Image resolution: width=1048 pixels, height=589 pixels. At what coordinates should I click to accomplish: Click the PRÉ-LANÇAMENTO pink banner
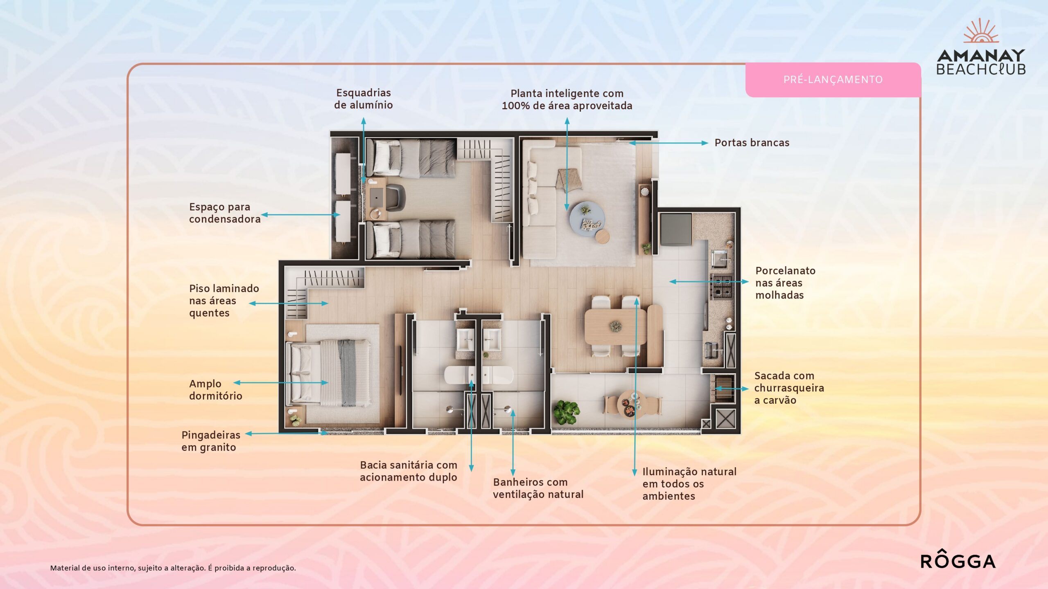pyautogui.click(x=833, y=80)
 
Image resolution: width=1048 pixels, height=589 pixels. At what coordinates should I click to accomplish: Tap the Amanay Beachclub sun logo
pyautogui.click(x=981, y=31)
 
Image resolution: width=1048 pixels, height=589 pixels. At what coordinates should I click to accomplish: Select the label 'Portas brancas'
pyautogui.click(x=752, y=143)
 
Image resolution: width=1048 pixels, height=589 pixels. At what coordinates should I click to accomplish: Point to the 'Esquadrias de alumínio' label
pyautogui.click(x=364, y=99)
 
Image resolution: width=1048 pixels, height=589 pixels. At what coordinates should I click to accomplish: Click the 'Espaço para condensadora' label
pyautogui.click(x=225, y=213)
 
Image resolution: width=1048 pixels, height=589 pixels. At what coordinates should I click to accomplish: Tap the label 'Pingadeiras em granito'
pyautogui.click(x=211, y=441)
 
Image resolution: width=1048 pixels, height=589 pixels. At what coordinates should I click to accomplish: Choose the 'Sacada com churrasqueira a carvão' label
pyautogui.click(x=789, y=388)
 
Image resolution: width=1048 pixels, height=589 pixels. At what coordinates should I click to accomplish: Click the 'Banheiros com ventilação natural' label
pyautogui.click(x=538, y=488)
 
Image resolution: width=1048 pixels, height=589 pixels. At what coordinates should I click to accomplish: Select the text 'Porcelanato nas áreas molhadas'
pyautogui.click(x=785, y=283)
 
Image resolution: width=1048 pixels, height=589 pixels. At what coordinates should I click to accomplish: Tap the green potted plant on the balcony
pyautogui.click(x=567, y=412)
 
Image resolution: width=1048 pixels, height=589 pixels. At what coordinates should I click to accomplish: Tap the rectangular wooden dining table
pyautogui.click(x=615, y=326)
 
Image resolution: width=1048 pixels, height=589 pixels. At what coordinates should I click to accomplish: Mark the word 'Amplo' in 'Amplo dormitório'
pyautogui.click(x=205, y=384)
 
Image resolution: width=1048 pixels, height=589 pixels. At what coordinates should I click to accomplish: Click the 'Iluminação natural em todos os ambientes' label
pyautogui.click(x=689, y=484)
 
